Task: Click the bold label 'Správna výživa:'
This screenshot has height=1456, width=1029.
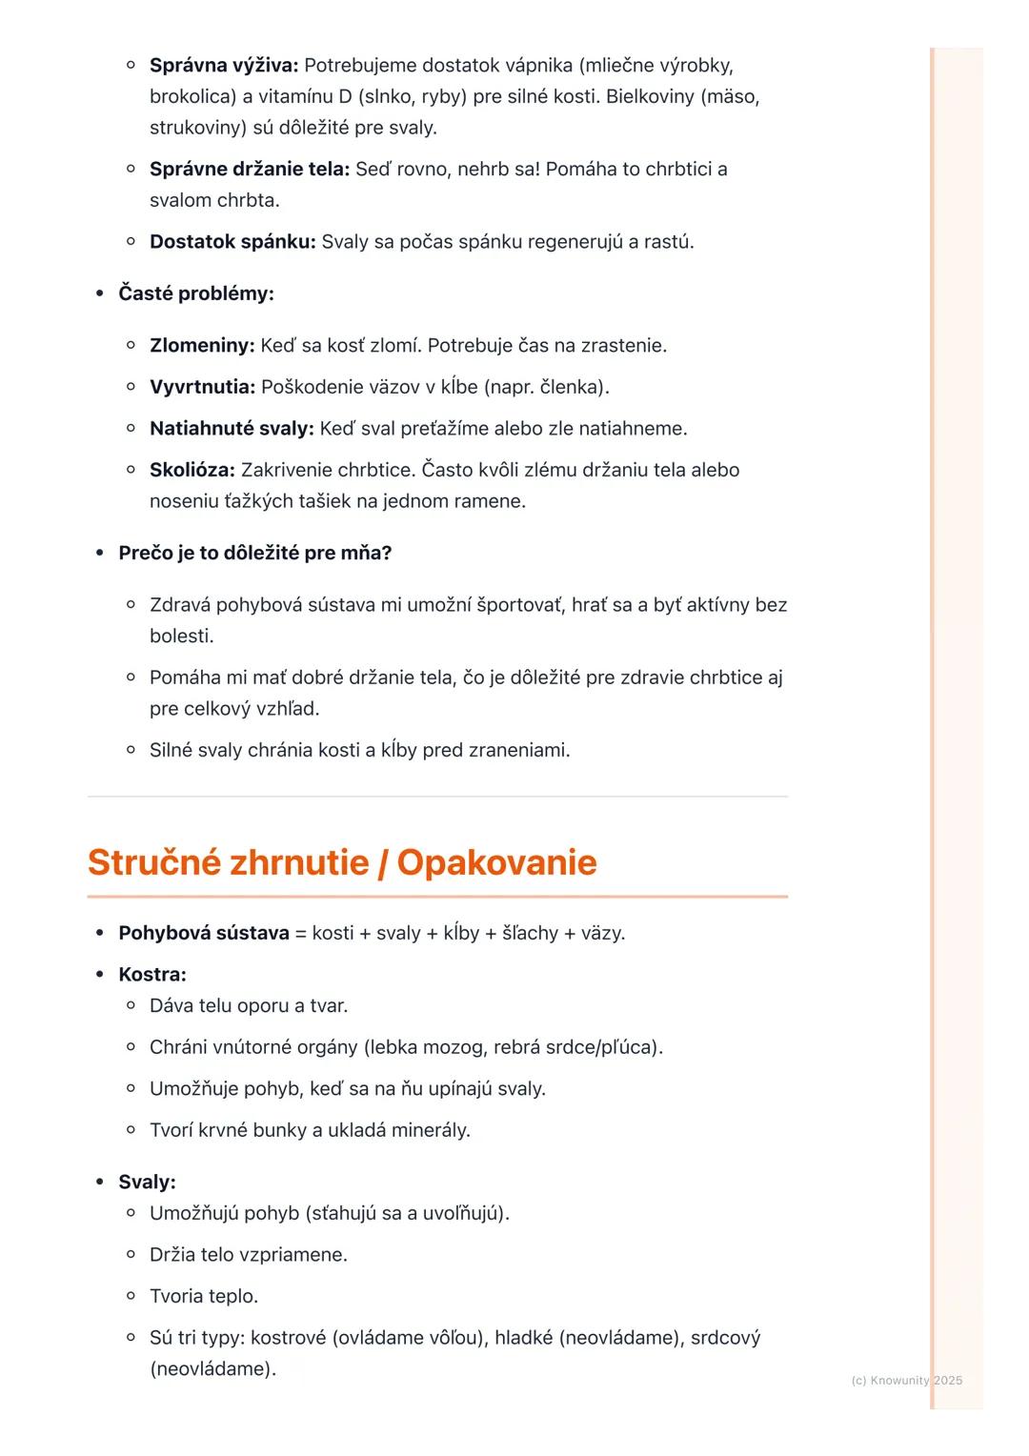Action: click(x=224, y=66)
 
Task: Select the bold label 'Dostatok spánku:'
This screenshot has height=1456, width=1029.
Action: click(x=232, y=242)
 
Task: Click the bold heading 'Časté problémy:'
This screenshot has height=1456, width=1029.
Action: click(x=196, y=293)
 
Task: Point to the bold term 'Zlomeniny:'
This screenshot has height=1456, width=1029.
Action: click(x=202, y=346)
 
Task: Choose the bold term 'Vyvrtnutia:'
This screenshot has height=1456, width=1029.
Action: click(x=202, y=387)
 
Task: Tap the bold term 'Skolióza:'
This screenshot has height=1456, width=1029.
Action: click(x=192, y=470)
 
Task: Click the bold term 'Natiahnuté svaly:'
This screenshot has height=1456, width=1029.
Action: click(x=232, y=429)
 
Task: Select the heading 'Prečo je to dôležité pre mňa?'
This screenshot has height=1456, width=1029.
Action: click(x=255, y=554)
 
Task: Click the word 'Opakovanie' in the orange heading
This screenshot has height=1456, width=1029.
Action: click(x=496, y=862)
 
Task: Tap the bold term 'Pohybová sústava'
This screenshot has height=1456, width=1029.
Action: click(x=204, y=933)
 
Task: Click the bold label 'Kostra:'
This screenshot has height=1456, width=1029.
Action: click(x=152, y=975)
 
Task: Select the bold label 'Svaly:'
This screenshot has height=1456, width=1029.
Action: click(x=148, y=1183)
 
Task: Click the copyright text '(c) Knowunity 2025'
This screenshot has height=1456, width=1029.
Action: click(x=906, y=1381)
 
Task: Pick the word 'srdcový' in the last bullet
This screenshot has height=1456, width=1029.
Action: click(x=725, y=1338)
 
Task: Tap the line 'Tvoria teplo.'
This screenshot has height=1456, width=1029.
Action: click(x=204, y=1297)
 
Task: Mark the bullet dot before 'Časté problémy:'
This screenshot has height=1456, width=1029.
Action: click(x=99, y=293)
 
